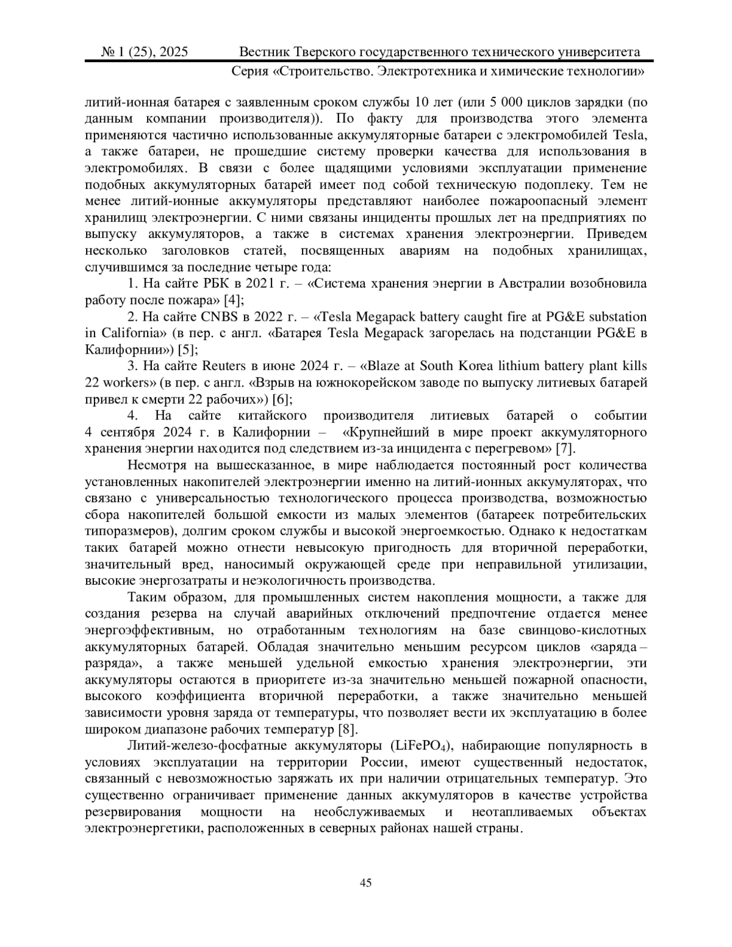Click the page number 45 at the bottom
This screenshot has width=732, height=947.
point(366,882)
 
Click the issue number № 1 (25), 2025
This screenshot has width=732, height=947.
point(145,52)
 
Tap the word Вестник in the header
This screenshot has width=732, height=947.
point(263,52)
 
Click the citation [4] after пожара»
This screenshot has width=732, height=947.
point(234,299)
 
